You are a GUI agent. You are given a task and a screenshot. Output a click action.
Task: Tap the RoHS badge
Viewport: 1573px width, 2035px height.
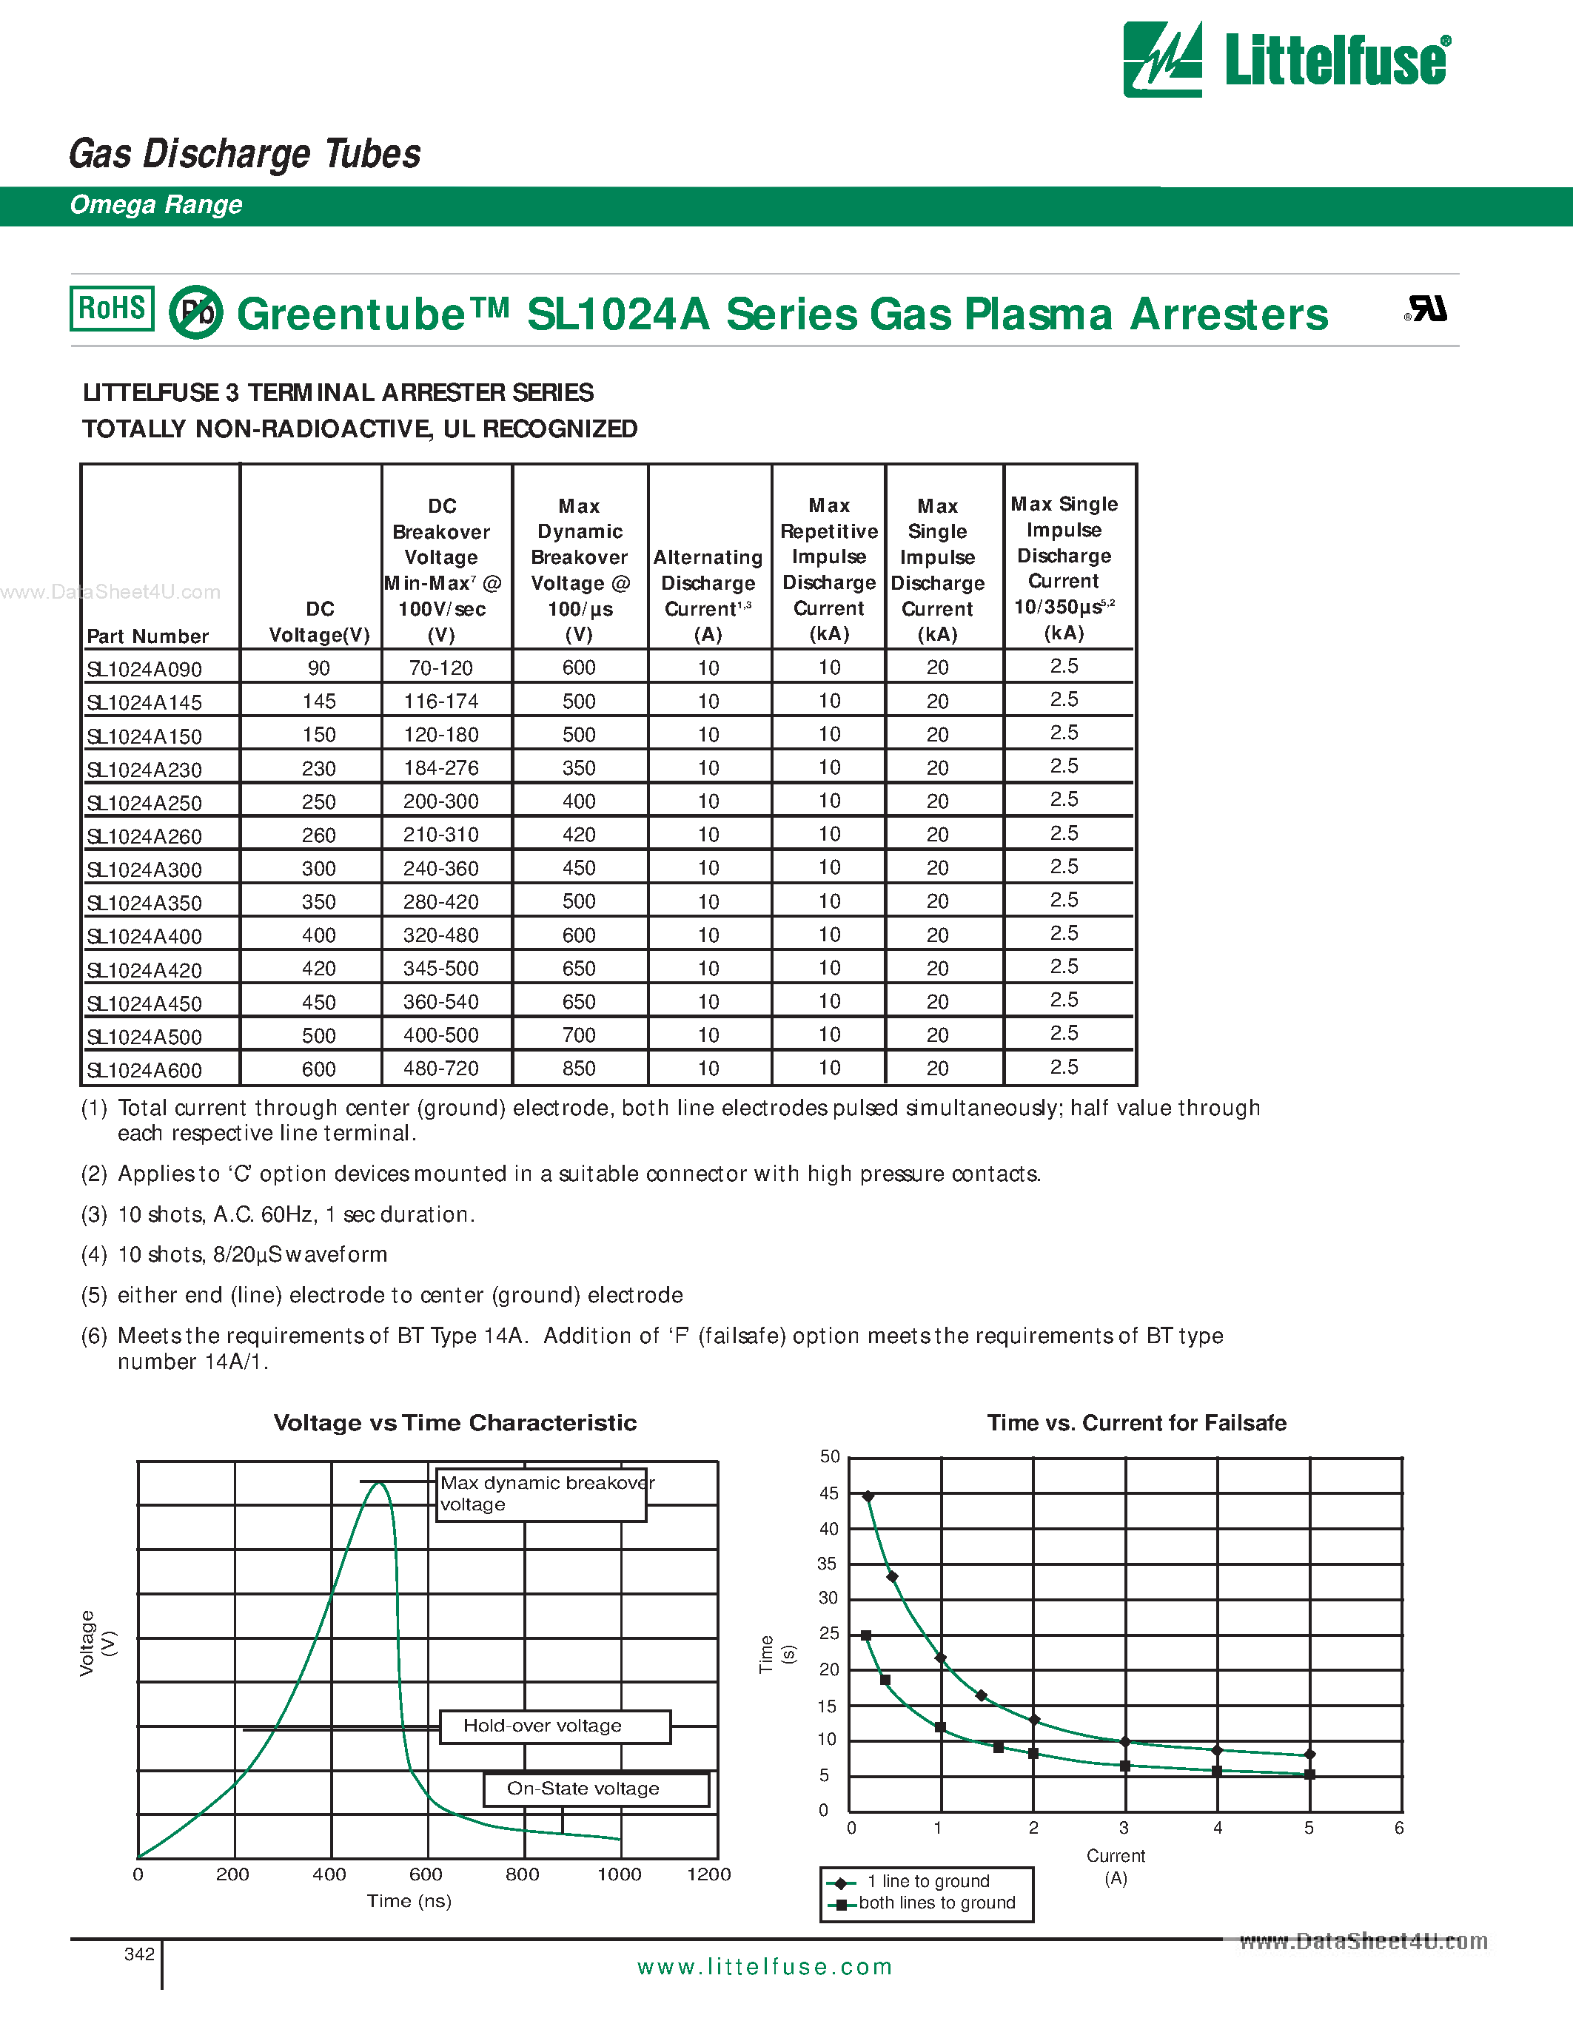pyautogui.click(x=112, y=309)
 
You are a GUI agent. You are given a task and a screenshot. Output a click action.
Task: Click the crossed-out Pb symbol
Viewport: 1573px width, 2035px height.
pyautogui.click(x=195, y=312)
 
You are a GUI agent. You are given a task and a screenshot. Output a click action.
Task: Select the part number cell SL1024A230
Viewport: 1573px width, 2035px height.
pyautogui.click(x=144, y=770)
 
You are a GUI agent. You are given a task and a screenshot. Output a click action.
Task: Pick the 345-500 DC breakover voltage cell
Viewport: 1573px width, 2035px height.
pyautogui.click(x=440, y=968)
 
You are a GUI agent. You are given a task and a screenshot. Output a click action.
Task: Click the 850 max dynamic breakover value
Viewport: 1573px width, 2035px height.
pyautogui.click(x=579, y=1069)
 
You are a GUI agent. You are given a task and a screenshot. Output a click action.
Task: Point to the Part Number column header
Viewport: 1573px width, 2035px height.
pyautogui.click(x=147, y=636)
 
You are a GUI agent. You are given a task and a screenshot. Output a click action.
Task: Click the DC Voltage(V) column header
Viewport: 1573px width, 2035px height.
pyautogui.click(x=320, y=622)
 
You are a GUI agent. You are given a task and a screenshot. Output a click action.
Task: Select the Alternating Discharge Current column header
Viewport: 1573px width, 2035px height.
pyautogui.click(x=708, y=596)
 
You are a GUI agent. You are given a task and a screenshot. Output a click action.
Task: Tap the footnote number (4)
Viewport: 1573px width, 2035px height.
pyautogui.click(x=94, y=1255)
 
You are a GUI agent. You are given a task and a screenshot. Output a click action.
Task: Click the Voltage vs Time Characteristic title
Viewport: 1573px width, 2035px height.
pyautogui.click(x=455, y=1423)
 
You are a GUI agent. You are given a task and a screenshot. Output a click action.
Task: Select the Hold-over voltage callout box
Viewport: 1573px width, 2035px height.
pyautogui.click(x=554, y=1726)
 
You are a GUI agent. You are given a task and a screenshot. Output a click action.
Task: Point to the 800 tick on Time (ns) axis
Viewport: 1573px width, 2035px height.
pyautogui.click(x=523, y=1874)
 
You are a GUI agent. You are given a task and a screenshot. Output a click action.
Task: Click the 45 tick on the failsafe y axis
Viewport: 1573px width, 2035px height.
pyautogui.click(x=828, y=1493)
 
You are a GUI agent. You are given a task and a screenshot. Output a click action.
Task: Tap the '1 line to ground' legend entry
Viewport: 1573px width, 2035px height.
pyautogui.click(x=928, y=1882)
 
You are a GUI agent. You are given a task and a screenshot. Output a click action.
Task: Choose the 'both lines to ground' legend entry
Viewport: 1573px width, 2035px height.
pyautogui.click(x=936, y=1903)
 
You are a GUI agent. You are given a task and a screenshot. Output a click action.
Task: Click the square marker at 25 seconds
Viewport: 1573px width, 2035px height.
pyautogui.click(x=866, y=1636)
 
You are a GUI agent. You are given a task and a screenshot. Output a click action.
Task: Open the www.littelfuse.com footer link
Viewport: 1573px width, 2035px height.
pyautogui.click(x=764, y=1967)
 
